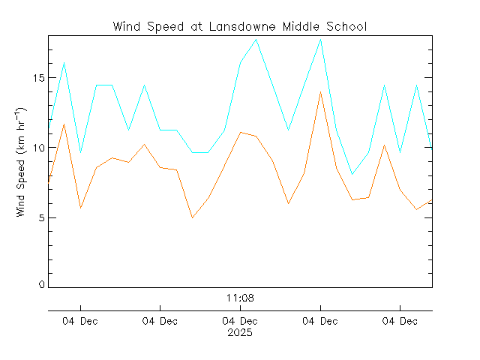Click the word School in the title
point(346,27)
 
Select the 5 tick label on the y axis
point(40,217)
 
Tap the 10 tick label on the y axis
point(37,148)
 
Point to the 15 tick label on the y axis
point(37,78)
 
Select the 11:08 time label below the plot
point(240,298)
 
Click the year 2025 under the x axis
point(240,332)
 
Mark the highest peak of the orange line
point(321,92)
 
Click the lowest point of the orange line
point(193,217)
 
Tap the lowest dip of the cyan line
point(352,174)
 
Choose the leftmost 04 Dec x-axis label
point(79,322)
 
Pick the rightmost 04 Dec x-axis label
point(400,322)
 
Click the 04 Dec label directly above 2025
point(240,322)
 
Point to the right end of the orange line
point(431,200)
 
